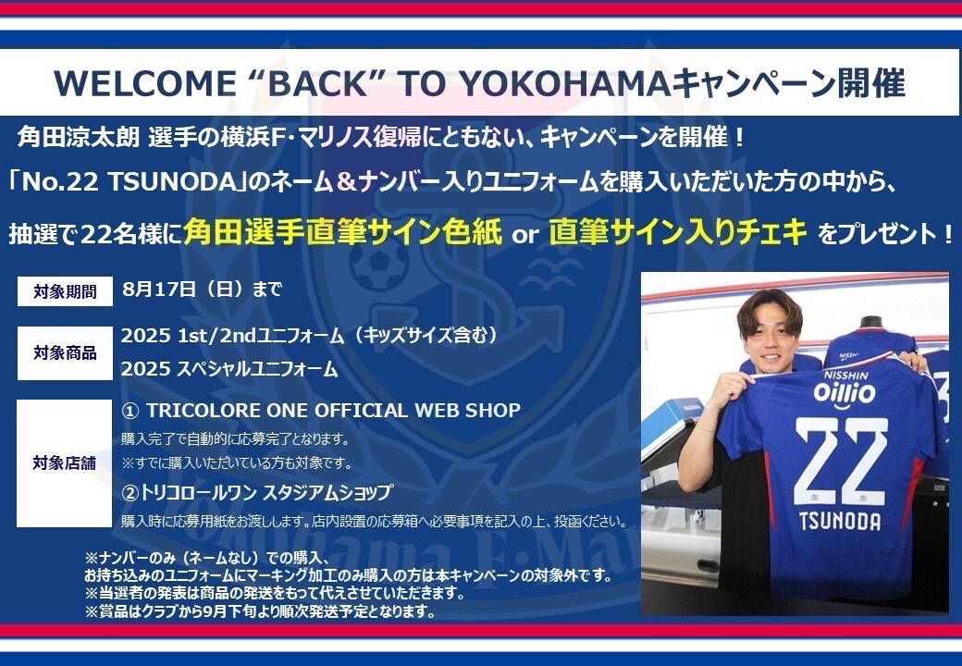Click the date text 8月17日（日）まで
202,290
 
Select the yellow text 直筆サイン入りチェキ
677,232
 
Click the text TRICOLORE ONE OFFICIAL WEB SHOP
321,410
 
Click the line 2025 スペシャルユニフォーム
229,368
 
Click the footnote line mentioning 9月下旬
260,611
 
